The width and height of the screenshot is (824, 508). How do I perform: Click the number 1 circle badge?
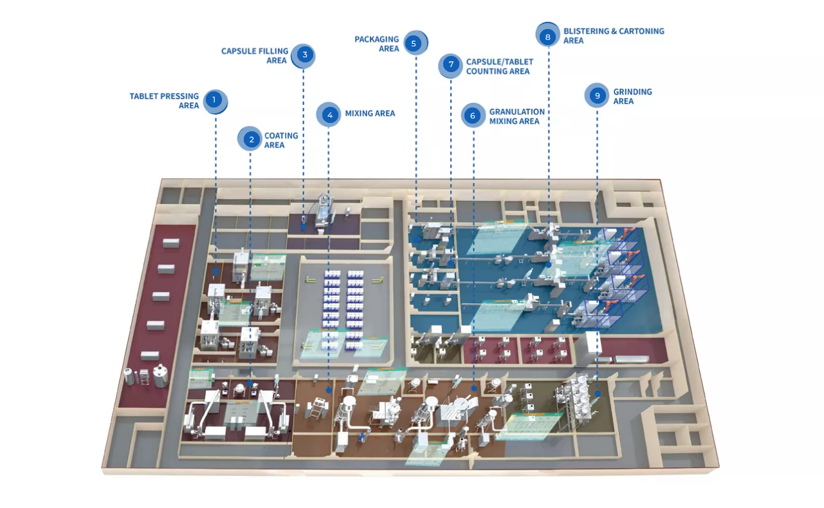[214, 100]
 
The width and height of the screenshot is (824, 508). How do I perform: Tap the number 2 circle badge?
[251, 139]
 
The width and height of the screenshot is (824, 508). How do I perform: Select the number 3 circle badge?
[304, 55]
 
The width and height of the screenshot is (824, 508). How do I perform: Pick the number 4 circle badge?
[329, 115]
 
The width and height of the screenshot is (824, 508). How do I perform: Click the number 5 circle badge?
[414, 44]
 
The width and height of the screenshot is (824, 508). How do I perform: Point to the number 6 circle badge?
[473, 116]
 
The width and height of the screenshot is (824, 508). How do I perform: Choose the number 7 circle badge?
[451, 64]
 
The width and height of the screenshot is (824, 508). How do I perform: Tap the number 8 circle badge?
[547, 37]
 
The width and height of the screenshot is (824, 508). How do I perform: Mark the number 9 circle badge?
[597, 96]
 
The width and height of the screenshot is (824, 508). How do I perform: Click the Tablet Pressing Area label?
[164, 101]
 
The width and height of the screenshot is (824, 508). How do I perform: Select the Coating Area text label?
[281, 140]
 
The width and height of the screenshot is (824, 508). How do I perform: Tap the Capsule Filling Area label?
[254, 55]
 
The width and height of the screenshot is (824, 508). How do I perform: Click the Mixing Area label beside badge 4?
[370, 113]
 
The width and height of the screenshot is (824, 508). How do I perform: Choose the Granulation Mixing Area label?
[517, 117]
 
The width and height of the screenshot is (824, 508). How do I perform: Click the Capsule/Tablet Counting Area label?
[499, 66]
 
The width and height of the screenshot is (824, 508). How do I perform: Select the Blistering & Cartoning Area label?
[613, 35]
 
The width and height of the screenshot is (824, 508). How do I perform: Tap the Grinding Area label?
[632, 97]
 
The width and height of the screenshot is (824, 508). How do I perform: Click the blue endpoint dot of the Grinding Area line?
[598, 393]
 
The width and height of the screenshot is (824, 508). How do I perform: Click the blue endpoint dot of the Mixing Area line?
[329, 390]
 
